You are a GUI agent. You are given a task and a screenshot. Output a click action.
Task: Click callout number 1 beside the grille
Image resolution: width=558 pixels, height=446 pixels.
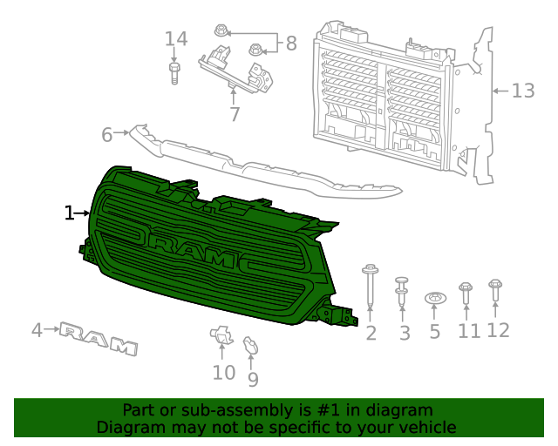[69, 213]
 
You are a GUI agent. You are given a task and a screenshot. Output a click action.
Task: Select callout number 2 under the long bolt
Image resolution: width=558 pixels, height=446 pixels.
[371, 333]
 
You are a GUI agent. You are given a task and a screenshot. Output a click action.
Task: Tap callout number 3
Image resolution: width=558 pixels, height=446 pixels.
[404, 333]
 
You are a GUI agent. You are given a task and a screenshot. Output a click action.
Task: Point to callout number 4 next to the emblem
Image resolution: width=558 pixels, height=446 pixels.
[37, 330]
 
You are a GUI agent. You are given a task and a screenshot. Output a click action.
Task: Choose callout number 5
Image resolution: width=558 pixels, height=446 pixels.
[435, 333]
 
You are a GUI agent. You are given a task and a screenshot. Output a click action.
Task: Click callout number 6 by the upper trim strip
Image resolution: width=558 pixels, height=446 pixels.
[107, 135]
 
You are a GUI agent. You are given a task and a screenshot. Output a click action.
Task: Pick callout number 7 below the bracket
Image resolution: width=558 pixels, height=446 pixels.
[235, 115]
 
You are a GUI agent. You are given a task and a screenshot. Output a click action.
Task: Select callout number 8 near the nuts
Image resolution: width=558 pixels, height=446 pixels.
[290, 42]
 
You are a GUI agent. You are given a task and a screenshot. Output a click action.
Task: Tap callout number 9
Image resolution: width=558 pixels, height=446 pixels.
[253, 379]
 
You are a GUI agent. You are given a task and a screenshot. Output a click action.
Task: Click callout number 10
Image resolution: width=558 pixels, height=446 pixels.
[223, 373]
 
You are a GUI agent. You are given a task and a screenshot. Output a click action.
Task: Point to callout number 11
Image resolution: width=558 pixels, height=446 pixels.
[469, 331]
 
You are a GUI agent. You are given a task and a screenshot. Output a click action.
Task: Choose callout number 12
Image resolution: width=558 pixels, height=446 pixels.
[498, 330]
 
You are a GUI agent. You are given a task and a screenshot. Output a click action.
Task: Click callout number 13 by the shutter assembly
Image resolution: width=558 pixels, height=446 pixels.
[522, 91]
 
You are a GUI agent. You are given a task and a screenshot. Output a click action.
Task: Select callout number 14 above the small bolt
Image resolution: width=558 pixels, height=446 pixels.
[176, 39]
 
